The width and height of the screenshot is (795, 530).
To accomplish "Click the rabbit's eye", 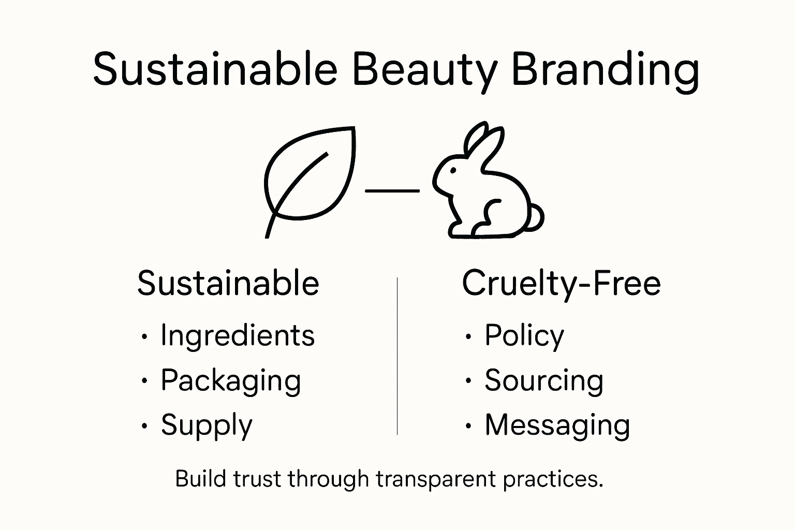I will pos(454,170).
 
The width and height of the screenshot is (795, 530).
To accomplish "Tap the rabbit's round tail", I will pos(536,218).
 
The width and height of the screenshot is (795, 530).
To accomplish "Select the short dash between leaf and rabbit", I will pos(392,190).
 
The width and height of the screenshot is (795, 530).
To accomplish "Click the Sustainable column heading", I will pos(228,283).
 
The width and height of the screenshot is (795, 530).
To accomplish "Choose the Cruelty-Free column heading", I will pos(561,283).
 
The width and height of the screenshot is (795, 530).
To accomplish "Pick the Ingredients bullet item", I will pos(238,335).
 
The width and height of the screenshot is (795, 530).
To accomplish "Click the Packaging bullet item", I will pos(231,381).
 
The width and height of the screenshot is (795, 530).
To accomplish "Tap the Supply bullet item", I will pos(207,425).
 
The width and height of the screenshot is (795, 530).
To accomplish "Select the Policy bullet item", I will pos(524,335).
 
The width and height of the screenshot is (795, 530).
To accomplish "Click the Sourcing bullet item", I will pos(544,381).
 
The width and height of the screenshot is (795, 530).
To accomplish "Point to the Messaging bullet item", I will pos(557,425).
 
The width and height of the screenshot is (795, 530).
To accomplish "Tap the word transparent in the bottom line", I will pos(436,479).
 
